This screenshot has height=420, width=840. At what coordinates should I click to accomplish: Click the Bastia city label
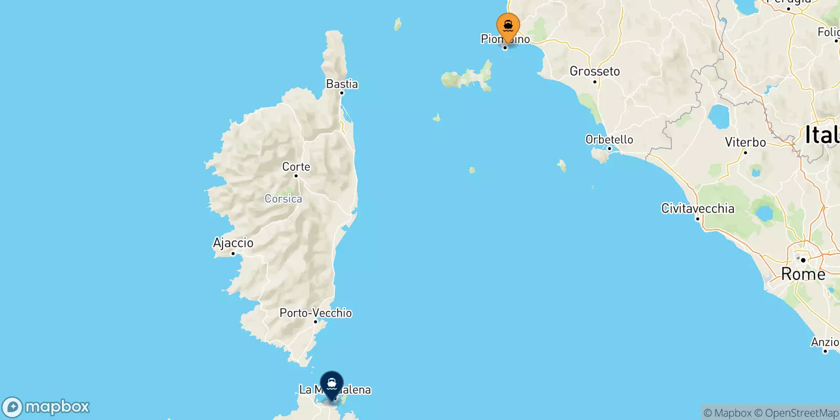(342, 84)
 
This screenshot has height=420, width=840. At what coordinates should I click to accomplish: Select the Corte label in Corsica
(296, 167)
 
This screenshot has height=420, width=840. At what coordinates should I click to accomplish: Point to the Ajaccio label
(233, 243)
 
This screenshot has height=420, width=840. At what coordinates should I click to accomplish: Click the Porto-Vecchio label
(316, 313)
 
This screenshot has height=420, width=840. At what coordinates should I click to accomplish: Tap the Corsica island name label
(283, 199)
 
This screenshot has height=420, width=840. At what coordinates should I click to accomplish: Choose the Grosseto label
(595, 71)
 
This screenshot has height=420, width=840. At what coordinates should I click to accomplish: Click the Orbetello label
(609, 140)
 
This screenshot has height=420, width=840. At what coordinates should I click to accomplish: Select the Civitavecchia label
(698, 208)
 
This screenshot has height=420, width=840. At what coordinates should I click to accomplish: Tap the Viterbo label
(745, 142)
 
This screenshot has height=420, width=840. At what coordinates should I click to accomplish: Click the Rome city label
(803, 274)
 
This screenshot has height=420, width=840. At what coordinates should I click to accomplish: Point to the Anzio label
(825, 342)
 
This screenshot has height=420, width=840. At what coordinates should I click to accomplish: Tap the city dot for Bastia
(341, 93)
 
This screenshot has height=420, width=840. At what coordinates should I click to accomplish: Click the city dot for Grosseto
(595, 81)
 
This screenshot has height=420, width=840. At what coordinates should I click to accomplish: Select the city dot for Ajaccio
(233, 254)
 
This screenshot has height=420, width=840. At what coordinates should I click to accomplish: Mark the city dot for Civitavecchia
(698, 218)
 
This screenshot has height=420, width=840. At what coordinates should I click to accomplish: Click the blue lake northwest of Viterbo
(719, 117)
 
